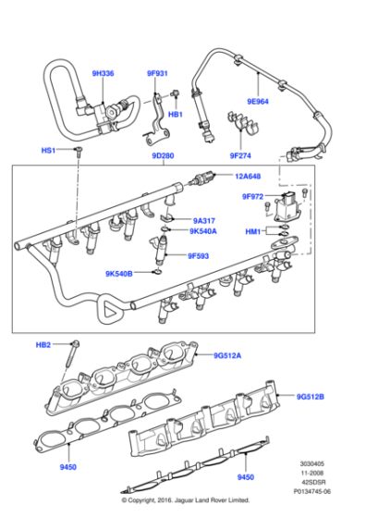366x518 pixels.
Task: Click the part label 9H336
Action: click(x=104, y=72)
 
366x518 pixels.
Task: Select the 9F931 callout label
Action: click(x=158, y=73)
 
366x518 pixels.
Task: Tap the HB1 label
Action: click(x=176, y=116)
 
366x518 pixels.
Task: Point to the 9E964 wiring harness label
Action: click(x=258, y=104)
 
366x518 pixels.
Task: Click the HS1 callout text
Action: click(x=49, y=149)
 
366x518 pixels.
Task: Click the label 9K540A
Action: click(x=204, y=231)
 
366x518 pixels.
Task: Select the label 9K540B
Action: click(x=119, y=274)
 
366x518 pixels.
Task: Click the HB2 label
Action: click(x=43, y=344)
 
